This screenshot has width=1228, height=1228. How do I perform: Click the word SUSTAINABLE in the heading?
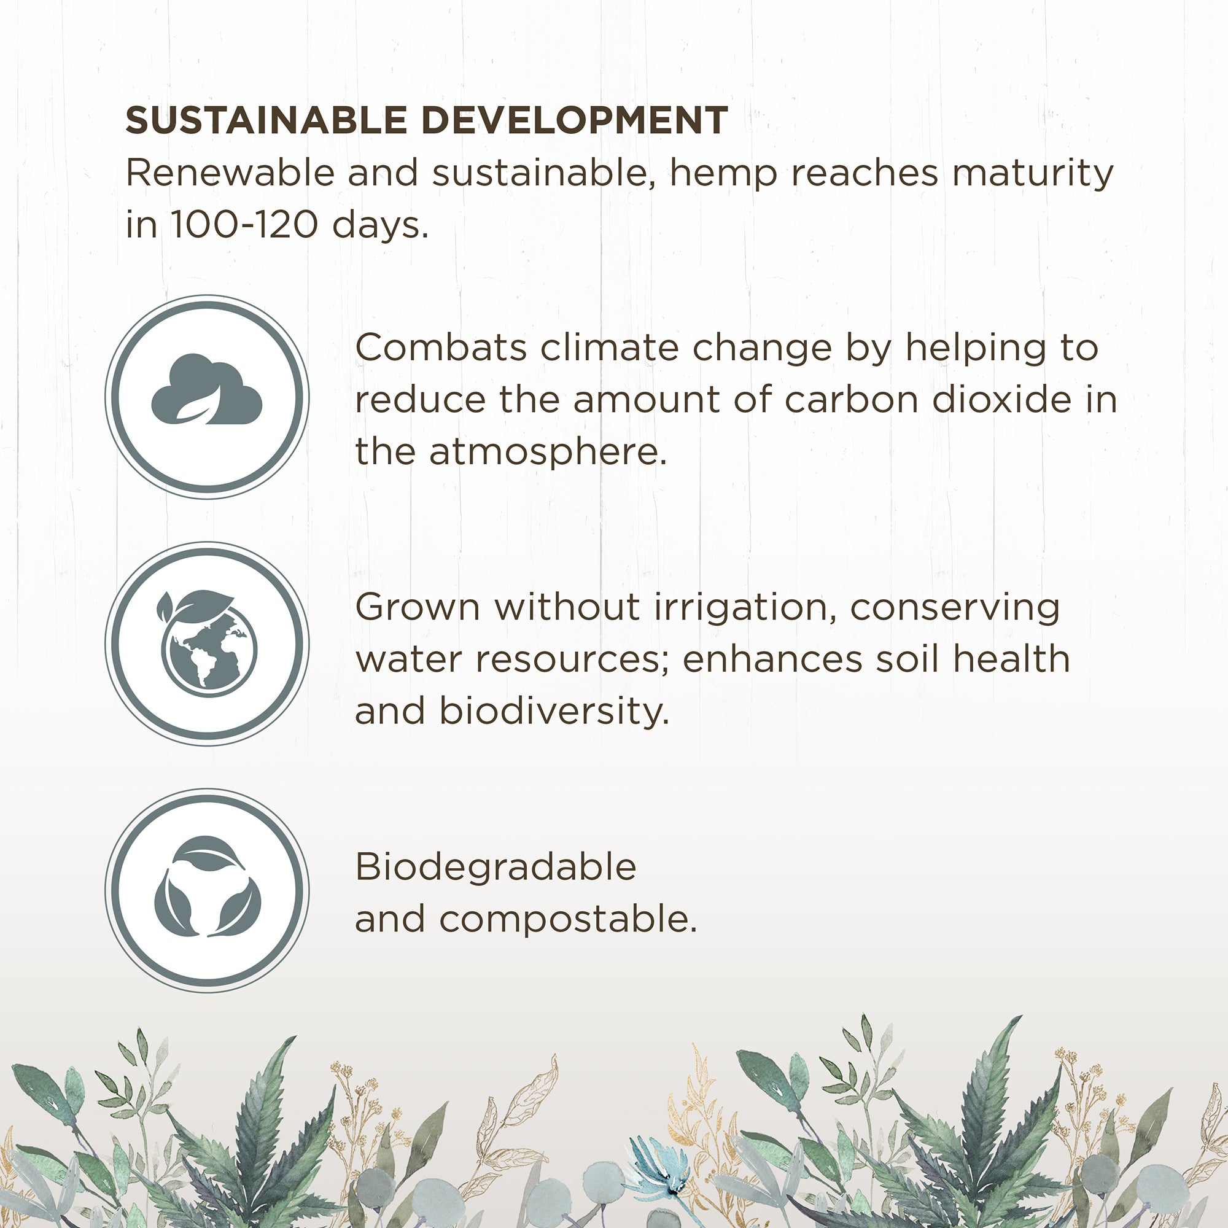tap(266, 120)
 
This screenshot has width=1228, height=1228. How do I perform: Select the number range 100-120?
tap(244, 224)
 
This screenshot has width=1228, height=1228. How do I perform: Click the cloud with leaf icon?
tap(206, 389)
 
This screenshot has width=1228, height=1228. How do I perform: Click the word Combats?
tap(441, 348)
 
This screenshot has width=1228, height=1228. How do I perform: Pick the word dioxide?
tap(1003, 400)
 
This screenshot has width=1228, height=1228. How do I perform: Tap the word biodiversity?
tap(554, 711)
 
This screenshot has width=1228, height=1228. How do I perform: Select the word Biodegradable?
tap(495, 868)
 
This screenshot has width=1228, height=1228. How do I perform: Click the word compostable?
tap(568, 920)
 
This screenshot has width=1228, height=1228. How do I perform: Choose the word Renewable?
tap(230, 173)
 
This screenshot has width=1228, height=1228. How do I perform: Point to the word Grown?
tap(418, 608)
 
